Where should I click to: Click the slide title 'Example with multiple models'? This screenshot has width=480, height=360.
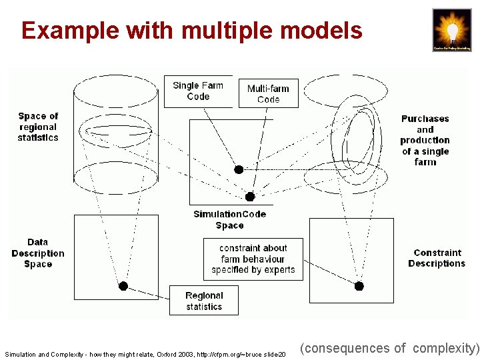192,31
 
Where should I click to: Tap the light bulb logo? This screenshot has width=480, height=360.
451,30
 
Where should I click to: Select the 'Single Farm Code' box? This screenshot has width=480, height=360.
198,91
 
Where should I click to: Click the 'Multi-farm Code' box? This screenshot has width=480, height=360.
268,94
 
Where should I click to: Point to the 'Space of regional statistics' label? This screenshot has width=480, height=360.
38,127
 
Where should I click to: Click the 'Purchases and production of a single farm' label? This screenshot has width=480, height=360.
425,140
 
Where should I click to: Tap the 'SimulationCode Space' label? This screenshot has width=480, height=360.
229,220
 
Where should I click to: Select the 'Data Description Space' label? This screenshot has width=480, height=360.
38,253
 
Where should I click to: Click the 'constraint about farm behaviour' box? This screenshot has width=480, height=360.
253,259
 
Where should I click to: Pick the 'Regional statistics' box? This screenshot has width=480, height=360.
204,301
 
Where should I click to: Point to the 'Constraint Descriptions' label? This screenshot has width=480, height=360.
437,258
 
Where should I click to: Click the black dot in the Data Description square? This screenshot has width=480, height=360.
123,286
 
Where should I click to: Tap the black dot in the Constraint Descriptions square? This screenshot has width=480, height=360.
359,286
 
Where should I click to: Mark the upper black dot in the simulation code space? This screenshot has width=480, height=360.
239,169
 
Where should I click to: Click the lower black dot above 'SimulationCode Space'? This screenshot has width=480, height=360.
250,197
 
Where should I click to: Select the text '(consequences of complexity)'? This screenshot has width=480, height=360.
389,348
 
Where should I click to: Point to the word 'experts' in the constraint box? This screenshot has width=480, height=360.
279,270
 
